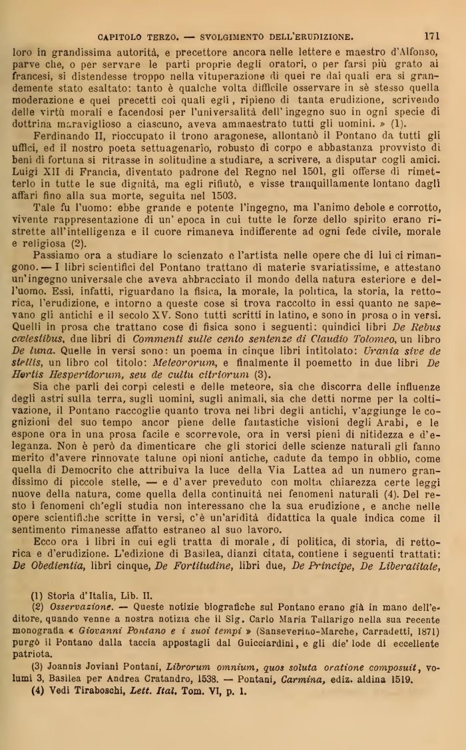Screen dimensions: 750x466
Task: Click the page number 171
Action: click(431, 35)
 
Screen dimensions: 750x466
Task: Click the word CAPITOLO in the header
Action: click(121, 36)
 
